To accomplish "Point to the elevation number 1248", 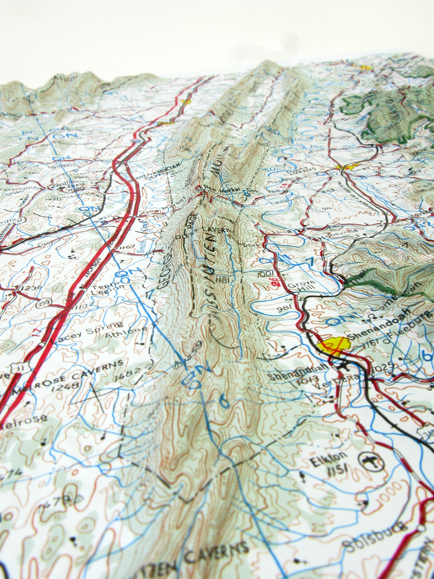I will click(66, 387).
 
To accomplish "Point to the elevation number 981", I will click(284, 309).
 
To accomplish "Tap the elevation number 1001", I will click(265, 274).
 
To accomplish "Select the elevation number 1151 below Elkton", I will click(337, 473).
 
